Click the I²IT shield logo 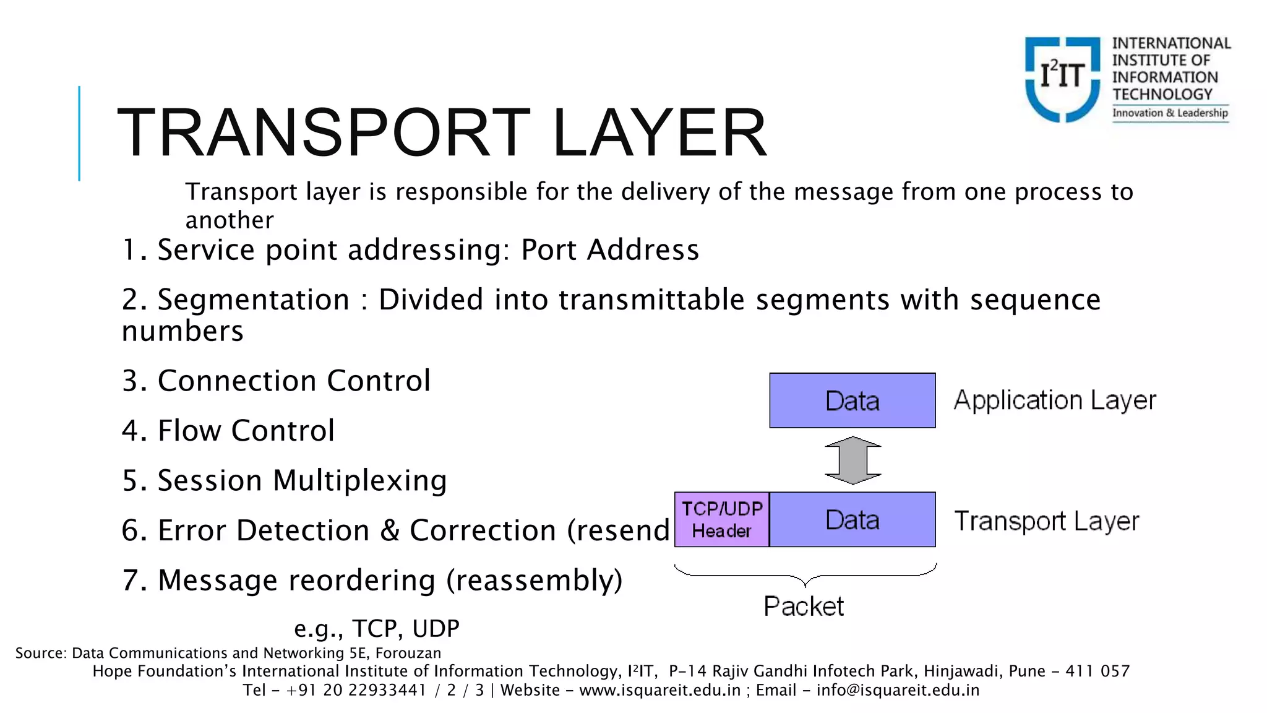(1062, 79)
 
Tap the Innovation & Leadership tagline (1170, 113)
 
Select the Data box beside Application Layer (852, 400)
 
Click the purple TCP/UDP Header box (721, 520)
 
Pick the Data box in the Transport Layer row (852, 520)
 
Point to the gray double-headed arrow (853, 460)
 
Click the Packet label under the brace (803, 606)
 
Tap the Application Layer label (1054, 400)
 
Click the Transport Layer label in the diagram (1046, 521)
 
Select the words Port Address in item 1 (609, 250)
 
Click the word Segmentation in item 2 (254, 300)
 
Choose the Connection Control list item (276, 381)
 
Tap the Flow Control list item (228, 431)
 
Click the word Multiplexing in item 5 (359, 481)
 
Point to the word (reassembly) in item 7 (534, 581)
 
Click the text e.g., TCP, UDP (376, 628)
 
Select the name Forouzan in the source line (408, 653)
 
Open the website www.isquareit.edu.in (659, 690)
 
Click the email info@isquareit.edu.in (898, 690)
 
